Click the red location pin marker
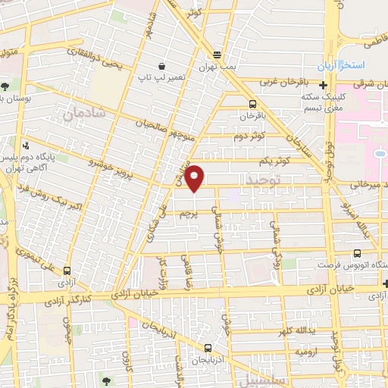tap(196, 177)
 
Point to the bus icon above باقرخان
tap(252, 105)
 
